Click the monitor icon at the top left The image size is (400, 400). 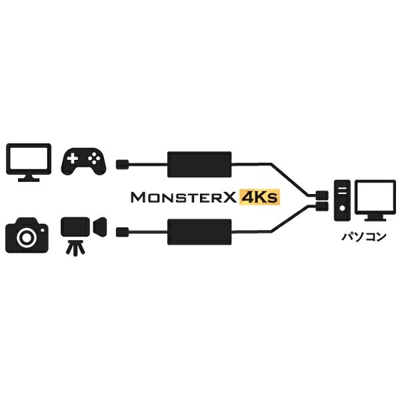pos(29,162)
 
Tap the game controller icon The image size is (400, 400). pos(83,161)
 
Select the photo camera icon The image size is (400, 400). pos(27,235)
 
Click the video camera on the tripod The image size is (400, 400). pos(83,236)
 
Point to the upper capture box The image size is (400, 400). pos(199,164)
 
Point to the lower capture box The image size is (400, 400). pos(199,232)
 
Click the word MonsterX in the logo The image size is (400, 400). pos(184,197)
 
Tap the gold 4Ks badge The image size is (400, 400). pos(259,197)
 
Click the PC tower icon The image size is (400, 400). pos(343,200)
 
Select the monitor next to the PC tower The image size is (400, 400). pos(375,200)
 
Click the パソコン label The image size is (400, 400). pos(364,237)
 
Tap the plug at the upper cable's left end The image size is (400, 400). pos(123,164)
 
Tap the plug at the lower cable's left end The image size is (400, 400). pos(123,232)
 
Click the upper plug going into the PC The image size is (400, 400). pos(322,195)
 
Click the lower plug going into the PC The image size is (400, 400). pos(322,206)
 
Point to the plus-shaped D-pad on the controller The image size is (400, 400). pos(73,159)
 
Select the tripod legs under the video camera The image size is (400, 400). pos(75,247)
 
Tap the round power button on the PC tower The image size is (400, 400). pos(343,208)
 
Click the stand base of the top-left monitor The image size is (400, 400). pos(29,180)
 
